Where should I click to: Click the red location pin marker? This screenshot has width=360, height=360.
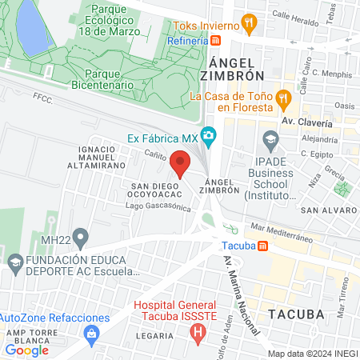click(181, 163)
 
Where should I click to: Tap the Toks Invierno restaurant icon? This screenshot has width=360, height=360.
click(250, 23)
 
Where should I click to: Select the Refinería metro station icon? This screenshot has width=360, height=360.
click(228, 38)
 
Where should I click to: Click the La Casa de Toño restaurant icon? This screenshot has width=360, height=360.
click(282, 99)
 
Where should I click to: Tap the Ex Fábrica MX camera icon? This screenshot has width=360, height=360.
click(209, 136)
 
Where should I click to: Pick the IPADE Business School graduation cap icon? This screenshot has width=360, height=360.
click(270, 140)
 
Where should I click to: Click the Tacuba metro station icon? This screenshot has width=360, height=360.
click(265, 245)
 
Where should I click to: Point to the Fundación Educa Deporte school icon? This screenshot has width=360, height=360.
click(14, 261)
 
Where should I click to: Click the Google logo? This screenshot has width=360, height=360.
click(26, 350)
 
